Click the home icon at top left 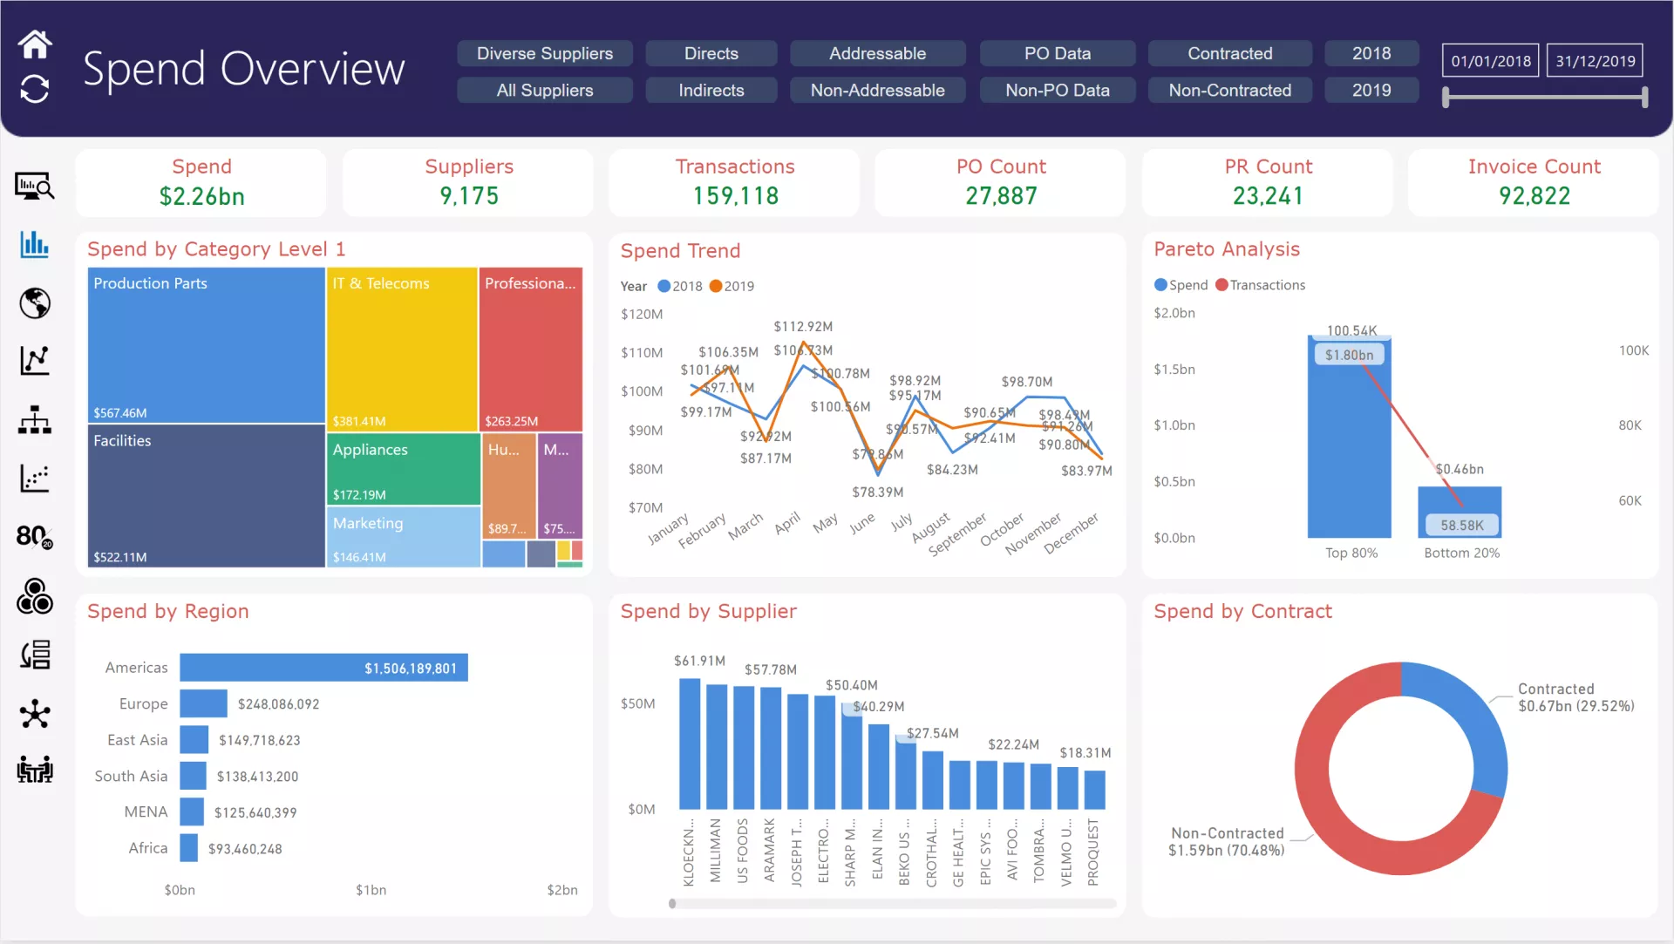pyautogui.click(x=35, y=44)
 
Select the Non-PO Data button pyautogui.click(x=1057, y=90)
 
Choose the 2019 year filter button pyautogui.click(x=1371, y=90)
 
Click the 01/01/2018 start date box pyautogui.click(x=1490, y=61)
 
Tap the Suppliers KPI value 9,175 pyautogui.click(x=469, y=196)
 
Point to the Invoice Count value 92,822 pyautogui.click(x=1534, y=196)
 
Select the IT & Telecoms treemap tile pyautogui.click(x=402, y=349)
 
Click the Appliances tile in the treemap pyautogui.click(x=403, y=469)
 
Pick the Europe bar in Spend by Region pyautogui.click(x=203, y=703)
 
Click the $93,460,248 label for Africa pyautogui.click(x=245, y=849)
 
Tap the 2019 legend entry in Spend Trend pyautogui.click(x=732, y=286)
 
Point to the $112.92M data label pyautogui.click(x=803, y=327)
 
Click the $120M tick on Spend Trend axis pyautogui.click(x=642, y=314)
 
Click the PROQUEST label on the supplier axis pyautogui.click(x=1093, y=852)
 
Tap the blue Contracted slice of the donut pyautogui.click(x=1473, y=715)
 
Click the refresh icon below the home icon pyautogui.click(x=35, y=89)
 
